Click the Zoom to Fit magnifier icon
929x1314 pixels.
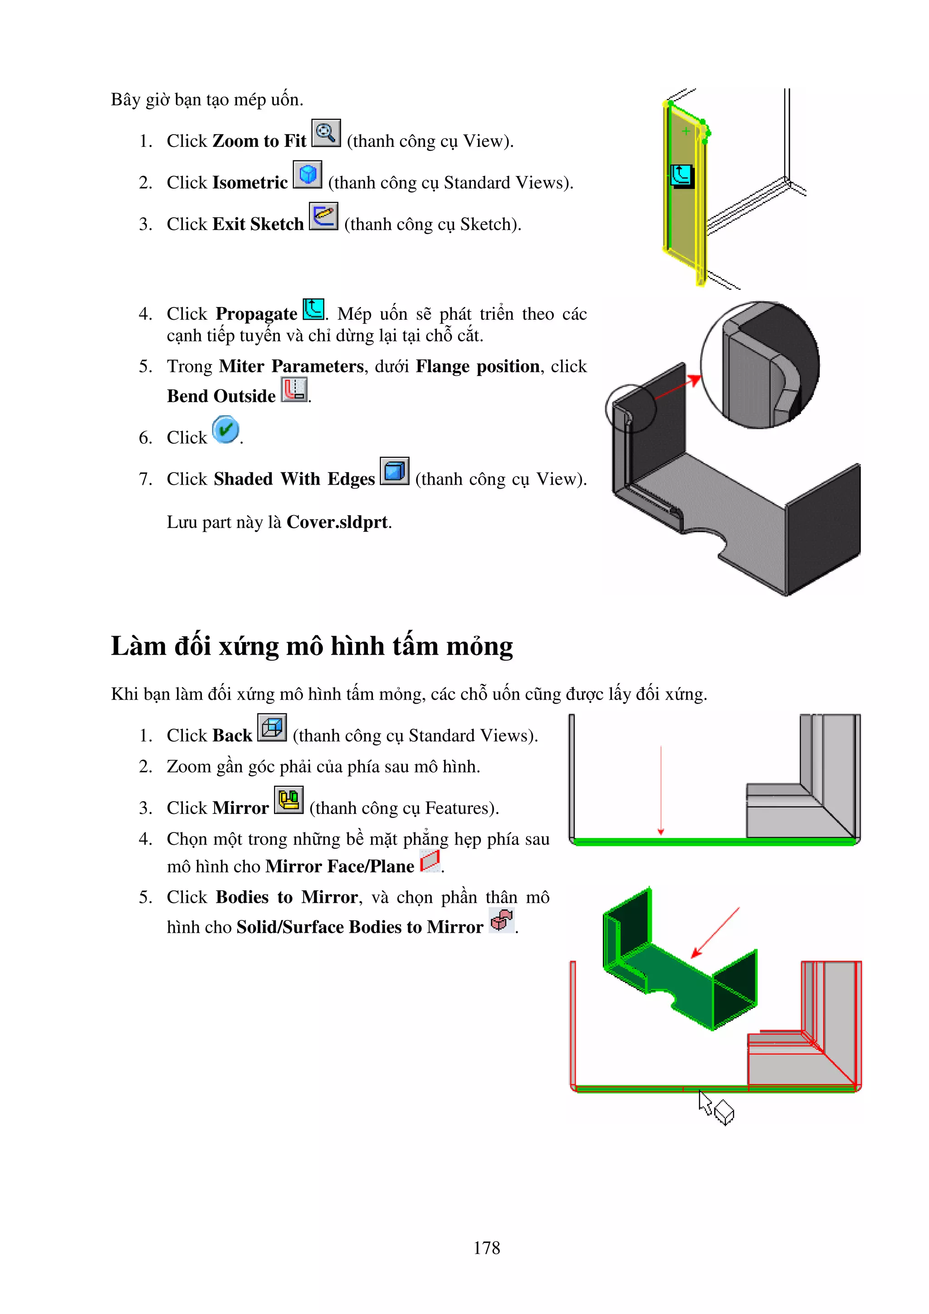(326, 133)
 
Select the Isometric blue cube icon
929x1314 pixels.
(308, 175)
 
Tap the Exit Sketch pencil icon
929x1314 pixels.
(323, 216)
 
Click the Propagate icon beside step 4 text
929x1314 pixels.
(313, 310)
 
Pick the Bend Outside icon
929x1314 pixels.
(294, 390)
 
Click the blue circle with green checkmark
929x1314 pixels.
(225, 430)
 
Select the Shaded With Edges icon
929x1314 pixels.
(394, 471)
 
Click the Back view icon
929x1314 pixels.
(272, 727)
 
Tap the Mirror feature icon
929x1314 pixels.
(288, 799)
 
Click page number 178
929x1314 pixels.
(487, 1248)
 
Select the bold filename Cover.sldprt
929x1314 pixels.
(337, 522)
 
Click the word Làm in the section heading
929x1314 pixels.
(138, 646)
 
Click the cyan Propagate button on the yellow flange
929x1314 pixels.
(681, 175)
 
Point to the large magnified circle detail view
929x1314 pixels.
(759, 365)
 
